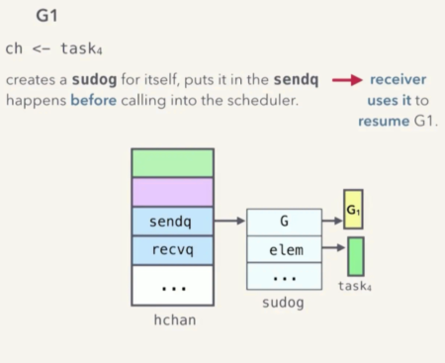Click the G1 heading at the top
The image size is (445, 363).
coord(46,16)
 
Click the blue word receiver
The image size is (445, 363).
coord(399,79)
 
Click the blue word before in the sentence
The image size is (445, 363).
coord(91,100)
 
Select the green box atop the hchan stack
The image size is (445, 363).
coord(172,162)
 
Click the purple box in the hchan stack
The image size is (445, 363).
coord(172,192)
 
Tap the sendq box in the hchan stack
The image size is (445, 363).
coord(172,222)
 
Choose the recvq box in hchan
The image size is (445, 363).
coord(172,250)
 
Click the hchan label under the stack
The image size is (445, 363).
coord(174,320)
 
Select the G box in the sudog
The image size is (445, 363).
coord(284,222)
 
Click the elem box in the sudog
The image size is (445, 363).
coord(284,250)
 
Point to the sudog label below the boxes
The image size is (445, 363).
coord(284,302)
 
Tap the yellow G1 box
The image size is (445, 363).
coord(353,210)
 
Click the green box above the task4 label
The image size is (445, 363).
coord(355,255)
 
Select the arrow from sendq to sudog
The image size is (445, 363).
coord(229,222)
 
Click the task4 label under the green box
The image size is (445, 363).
coord(354,286)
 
